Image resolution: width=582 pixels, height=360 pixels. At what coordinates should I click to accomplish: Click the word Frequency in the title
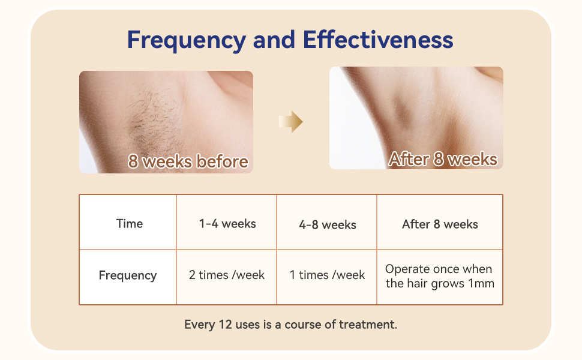(186, 40)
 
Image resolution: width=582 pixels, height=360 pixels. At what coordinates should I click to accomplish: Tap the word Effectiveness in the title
(378, 40)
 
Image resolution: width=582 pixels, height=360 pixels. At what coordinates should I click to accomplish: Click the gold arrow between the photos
(291, 122)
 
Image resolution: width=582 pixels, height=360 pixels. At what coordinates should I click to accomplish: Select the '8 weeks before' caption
(188, 161)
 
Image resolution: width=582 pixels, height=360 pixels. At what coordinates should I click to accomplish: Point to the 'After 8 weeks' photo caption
(443, 159)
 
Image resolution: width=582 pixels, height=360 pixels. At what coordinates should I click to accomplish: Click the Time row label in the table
(129, 224)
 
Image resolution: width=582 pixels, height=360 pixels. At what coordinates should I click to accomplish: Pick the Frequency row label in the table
(128, 275)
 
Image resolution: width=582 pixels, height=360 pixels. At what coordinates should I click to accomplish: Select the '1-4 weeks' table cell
(227, 224)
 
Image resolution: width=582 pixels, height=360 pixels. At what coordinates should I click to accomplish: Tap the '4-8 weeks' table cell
(327, 225)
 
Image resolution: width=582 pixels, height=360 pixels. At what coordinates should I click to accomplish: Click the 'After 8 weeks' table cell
(440, 224)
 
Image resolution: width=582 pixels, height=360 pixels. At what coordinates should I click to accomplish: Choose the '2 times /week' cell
(227, 275)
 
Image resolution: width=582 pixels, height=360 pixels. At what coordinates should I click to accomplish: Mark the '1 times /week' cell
(327, 275)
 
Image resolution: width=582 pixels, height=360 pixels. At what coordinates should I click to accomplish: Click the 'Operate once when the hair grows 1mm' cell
(439, 276)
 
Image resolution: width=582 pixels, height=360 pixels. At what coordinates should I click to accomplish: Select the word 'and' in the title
(274, 40)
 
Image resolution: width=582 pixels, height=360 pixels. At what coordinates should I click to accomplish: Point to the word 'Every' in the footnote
(199, 325)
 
